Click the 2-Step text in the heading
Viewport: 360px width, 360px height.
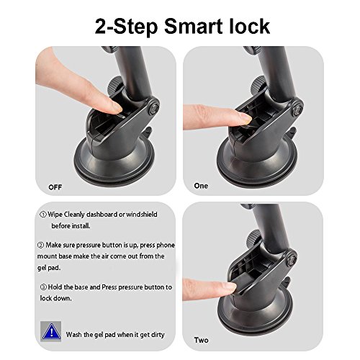coord(126,27)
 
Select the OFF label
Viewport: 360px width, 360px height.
coord(55,187)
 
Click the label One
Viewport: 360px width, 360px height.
coord(201,186)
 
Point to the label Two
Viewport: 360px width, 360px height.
coord(201,340)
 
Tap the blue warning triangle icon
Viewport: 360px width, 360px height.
coord(51,332)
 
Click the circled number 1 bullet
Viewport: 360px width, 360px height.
coord(43,215)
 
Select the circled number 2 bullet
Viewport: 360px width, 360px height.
coord(40,245)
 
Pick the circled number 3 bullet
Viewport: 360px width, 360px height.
coord(43,287)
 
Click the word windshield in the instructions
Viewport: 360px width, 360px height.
coord(142,214)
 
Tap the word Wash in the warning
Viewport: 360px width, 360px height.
coord(73,335)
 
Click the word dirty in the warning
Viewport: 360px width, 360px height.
coord(158,335)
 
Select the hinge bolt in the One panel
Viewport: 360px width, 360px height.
coord(297,109)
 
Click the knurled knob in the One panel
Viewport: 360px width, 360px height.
coord(258,86)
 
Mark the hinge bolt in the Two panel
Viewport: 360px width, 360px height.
coord(291,261)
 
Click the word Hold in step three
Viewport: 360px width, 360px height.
coord(55,287)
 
